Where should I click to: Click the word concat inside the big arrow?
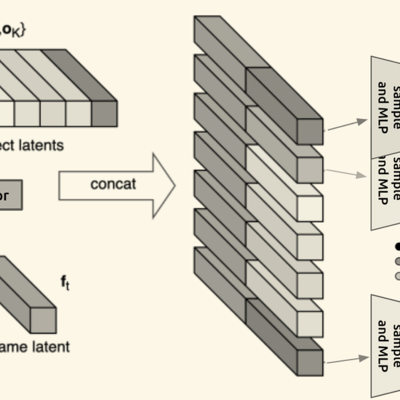point(113,184)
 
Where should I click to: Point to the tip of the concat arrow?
point(175,186)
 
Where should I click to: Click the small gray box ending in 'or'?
point(10,195)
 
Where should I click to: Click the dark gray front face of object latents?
point(104,114)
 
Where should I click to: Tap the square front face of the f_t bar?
point(43,320)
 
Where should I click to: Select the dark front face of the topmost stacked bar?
point(310,131)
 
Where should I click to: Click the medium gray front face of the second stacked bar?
point(310,170)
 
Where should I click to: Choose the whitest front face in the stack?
point(310,208)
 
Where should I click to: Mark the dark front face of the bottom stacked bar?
point(310,363)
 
